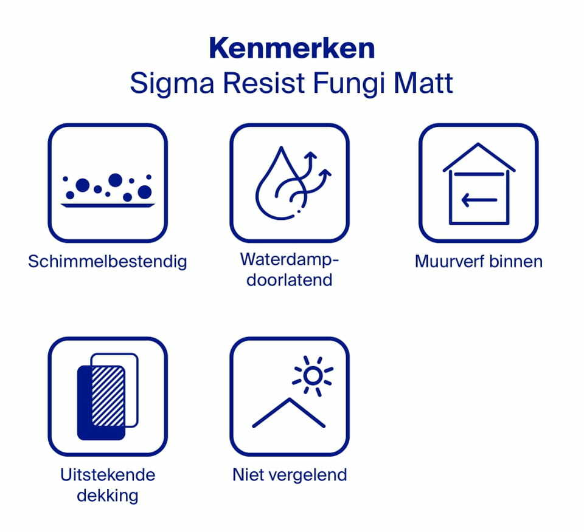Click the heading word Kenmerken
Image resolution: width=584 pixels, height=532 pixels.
[x=291, y=49]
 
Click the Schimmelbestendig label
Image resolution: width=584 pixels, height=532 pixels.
[x=108, y=262]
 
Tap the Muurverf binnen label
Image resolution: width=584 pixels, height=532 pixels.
[x=478, y=262]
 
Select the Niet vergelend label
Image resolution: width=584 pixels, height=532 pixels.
[x=290, y=474]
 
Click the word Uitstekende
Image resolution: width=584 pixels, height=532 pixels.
[x=108, y=474]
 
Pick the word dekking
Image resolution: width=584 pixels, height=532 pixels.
[x=108, y=495]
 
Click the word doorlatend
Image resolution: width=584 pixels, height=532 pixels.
[x=290, y=280]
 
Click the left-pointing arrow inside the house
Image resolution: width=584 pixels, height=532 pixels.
[x=479, y=200]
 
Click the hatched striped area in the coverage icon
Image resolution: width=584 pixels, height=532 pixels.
[x=108, y=395]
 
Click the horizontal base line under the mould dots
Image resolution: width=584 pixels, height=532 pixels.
[x=108, y=206]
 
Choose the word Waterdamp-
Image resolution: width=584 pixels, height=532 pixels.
[x=290, y=259]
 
